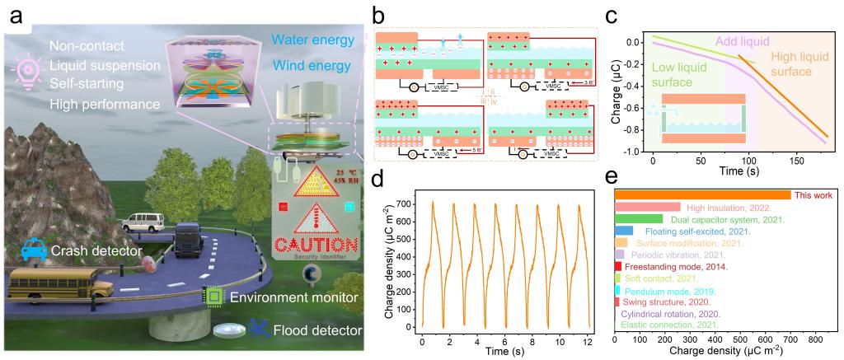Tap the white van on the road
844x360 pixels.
tap(140, 222)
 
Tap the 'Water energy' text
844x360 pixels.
tap(316, 39)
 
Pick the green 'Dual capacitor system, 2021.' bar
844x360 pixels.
tap(639, 219)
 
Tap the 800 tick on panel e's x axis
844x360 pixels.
tap(815, 339)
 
